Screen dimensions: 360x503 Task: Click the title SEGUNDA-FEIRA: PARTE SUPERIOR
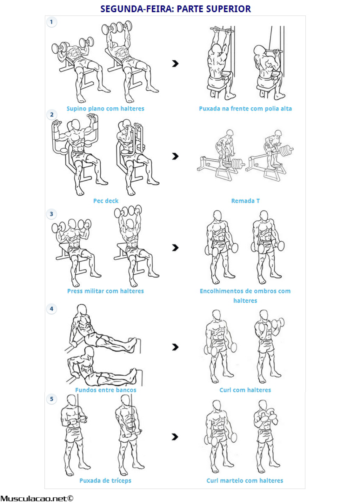176,9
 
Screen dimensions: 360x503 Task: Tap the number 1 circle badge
51,22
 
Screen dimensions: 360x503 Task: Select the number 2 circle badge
52,115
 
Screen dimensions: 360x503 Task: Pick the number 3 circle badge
51,214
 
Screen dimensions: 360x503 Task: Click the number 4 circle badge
51,309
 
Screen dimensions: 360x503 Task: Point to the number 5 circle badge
51,399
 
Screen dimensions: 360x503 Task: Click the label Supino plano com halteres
105,109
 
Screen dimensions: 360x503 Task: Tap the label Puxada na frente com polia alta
245,109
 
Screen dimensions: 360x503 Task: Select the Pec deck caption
106,201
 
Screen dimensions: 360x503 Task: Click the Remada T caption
245,201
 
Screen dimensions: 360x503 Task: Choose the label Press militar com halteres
105,291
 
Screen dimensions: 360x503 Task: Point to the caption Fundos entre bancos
106,390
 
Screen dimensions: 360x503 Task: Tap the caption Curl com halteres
245,390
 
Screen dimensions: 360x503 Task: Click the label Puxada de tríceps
105,480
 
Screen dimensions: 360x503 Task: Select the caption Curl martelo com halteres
245,480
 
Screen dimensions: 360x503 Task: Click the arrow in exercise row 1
175,64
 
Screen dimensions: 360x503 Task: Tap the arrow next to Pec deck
175,156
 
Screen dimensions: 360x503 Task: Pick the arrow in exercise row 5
175,437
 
